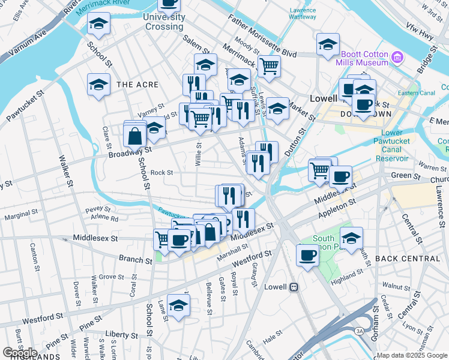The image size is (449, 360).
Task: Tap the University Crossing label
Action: (163, 22)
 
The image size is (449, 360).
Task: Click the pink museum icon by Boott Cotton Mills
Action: (397, 58)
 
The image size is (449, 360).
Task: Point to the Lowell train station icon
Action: (294, 287)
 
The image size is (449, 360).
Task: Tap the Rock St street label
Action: (161, 173)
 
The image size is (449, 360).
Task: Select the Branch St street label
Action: (136, 260)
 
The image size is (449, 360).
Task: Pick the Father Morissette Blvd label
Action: (262, 37)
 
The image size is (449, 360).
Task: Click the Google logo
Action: (20, 353)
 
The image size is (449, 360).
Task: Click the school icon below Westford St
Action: (178, 305)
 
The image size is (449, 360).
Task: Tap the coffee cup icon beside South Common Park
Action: (307, 255)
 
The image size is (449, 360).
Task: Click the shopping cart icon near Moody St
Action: (269, 66)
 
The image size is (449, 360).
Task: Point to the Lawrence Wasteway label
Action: (303, 14)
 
